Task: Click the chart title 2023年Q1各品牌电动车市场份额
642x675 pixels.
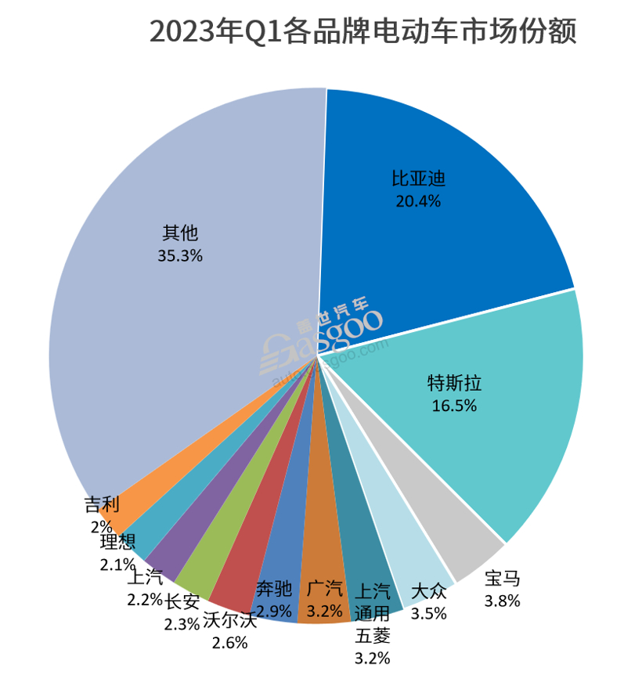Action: (362, 34)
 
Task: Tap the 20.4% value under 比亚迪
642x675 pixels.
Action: (418, 200)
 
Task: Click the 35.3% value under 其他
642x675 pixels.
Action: (180, 255)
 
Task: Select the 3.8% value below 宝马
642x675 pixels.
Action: (502, 601)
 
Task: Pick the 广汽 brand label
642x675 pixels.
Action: (323, 588)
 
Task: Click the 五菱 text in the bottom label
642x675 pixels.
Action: (372, 634)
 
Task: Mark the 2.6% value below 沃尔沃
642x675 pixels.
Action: (229, 643)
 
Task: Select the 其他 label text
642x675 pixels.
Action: (180, 233)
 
